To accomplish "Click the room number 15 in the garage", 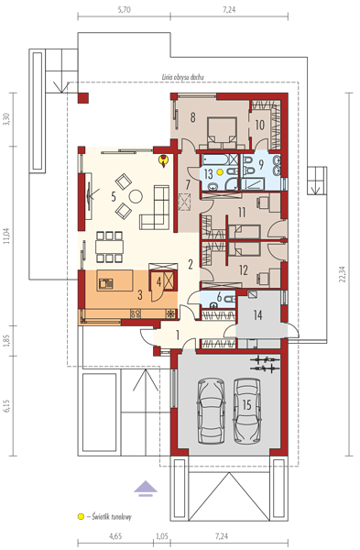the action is (x=246, y=404).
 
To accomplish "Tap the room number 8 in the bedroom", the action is (x=192, y=117).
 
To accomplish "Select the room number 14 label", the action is (x=257, y=315).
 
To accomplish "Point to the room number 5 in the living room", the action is (x=114, y=196).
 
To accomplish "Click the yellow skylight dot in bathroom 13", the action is (x=220, y=172).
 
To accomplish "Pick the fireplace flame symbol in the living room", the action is (x=163, y=161).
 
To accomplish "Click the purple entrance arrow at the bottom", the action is (x=146, y=489).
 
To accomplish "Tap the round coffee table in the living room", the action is (x=136, y=196).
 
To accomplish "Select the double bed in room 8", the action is (x=223, y=133).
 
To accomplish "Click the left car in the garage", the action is (x=212, y=411).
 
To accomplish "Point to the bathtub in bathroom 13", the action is (x=215, y=159).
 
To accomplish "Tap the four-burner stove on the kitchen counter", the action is (x=136, y=313).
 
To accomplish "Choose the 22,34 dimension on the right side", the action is (x=343, y=274).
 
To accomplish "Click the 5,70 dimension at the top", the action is (x=124, y=10).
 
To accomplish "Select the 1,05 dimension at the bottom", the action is (x=162, y=536).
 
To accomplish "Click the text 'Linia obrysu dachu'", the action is (x=182, y=77).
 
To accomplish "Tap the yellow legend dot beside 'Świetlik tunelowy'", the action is (x=81, y=516).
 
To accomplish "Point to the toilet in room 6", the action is (x=229, y=299).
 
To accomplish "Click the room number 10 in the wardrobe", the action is (x=259, y=125).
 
